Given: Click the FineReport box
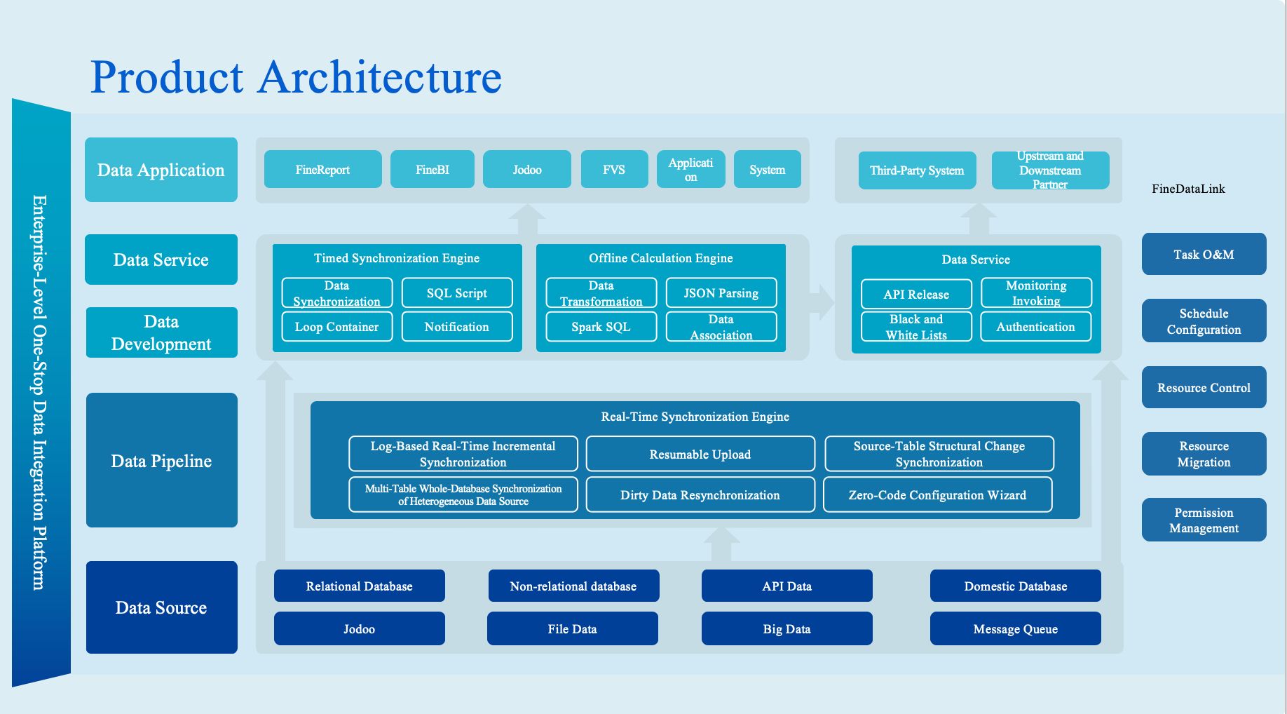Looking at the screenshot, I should click(322, 169).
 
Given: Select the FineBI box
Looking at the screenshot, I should click(432, 169).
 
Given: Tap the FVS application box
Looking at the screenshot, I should click(614, 169).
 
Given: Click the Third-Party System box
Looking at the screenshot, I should click(917, 170).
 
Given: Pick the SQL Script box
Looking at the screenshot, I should click(456, 293).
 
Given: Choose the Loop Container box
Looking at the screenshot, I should click(336, 327).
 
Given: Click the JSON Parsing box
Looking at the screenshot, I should click(721, 293).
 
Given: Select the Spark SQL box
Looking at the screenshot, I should click(601, 327).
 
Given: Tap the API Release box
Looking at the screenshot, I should click(916, 295).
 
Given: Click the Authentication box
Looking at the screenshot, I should click(1035, 327).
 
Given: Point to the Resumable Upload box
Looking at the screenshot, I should click(700, 454).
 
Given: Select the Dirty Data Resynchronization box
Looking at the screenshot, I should click(700, 495).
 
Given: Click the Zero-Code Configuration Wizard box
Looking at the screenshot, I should click(937, 495).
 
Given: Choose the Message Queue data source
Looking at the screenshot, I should click(1015, 629).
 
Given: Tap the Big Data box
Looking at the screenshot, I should click(786, 629).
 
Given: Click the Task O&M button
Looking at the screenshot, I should click(1204, 255).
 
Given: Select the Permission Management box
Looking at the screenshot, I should click(1204, 520).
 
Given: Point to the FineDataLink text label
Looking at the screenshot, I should click(1188, 189).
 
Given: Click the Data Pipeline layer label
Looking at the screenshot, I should click(161, 461).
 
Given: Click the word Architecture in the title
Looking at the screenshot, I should click(380, 77).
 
